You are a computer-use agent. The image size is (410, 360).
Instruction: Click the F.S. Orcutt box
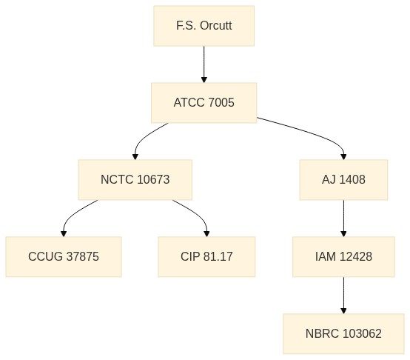tap(204, 26)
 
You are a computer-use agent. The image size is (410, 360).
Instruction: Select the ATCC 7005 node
tap(204, 103)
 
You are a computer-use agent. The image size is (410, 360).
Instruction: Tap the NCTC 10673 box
tap(135, 180)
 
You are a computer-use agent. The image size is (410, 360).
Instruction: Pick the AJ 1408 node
tap(343, 180)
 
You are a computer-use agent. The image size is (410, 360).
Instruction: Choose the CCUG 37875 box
tap(64, 256)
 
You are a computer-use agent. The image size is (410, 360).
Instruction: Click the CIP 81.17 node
tap(206, 256)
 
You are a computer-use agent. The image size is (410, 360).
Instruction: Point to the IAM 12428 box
tap(343, 256)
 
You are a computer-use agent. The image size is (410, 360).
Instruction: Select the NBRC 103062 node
tap(343, 333)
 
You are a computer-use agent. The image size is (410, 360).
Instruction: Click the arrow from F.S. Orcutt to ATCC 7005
tap(204, 64)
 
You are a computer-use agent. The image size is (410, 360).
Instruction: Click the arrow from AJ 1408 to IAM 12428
tap(343, 219)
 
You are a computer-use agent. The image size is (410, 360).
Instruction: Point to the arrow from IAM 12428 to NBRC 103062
tap(343, 295)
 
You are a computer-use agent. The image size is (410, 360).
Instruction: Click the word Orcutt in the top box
tap(215, 26)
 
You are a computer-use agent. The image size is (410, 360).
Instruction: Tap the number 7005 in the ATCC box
tap(221, 102)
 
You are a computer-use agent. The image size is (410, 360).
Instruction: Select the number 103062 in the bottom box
tap(362, 333)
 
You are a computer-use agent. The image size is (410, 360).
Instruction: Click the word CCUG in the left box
tap(45, 256)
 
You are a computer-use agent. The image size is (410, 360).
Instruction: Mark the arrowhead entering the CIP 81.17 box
tap(206, 233)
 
